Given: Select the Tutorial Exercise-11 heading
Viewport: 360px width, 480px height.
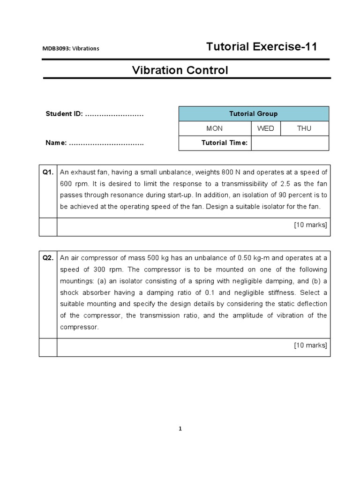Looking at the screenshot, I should (x=262, y=47).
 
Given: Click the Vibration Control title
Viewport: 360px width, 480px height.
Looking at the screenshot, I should (x=180, y=70).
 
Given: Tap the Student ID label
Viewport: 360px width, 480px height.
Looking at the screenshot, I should (x=64, y=114).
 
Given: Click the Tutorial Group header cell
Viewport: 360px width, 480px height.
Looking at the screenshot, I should (x=253, y=114).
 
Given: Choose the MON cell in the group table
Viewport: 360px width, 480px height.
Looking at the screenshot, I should (x=215, y=128).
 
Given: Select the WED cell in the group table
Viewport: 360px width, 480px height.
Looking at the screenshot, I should (x=265, y=128).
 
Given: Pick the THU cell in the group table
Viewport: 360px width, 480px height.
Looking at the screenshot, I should (x=304, y=128).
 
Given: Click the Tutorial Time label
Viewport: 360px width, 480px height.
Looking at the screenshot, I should (x=224, y=143).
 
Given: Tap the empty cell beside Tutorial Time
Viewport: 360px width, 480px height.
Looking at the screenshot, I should (x=290, y=143).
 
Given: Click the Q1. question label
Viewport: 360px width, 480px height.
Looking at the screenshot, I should (x=48, y=172).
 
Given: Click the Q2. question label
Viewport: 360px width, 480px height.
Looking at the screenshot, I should (x=48, y=258).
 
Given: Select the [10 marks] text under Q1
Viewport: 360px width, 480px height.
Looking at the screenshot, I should (x=310, y=225).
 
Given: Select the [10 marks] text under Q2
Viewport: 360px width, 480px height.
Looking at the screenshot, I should (x=310, y=345).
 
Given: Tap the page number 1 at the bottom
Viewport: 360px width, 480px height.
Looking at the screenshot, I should (x=180, y=428).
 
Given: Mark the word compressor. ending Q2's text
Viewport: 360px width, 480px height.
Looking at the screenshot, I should (x=79, y=327).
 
